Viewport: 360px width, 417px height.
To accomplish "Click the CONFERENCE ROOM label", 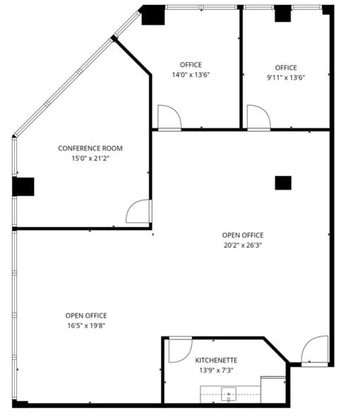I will coord(90,148).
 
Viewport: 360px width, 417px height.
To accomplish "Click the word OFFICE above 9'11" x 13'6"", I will coord(286,67).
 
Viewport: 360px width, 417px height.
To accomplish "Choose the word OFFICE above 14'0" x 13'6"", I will coord(191,65).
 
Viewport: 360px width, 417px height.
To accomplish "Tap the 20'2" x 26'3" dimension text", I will coord(242,245).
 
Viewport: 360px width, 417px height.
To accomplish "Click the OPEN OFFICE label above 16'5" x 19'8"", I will coord(86,316).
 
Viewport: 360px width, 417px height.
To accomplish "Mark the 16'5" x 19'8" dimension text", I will coord(86,326).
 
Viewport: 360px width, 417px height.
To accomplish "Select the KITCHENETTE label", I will coord(216,360).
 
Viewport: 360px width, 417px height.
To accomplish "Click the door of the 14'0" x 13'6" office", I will coord(169,117).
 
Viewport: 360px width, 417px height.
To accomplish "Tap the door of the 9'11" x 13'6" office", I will coord(257,117).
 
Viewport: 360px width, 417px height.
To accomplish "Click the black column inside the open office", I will coord(283,182).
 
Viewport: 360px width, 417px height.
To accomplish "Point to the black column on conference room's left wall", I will coord(23,187).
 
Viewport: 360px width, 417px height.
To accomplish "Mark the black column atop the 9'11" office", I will coord(283,13).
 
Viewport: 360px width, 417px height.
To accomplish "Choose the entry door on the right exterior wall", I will coord(315,350).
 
